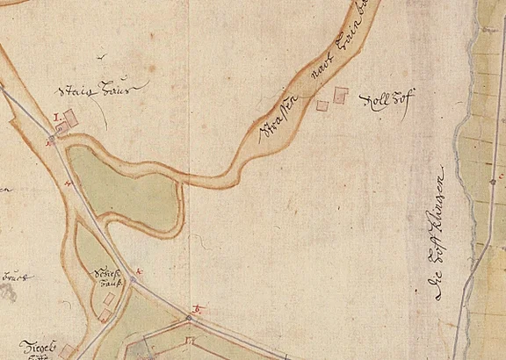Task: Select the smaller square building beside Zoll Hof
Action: tap(322, 105)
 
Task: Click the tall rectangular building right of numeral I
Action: tap(71, 118)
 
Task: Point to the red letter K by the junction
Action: tap(140, 272)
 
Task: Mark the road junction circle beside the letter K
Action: tap(134, 279)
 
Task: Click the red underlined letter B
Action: tap(197, 308)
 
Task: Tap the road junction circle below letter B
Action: tap(188, 318)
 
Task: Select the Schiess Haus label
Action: tap(106, 279)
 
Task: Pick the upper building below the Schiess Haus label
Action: tap(109, 299)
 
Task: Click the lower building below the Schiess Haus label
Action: tap(104, 313)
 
